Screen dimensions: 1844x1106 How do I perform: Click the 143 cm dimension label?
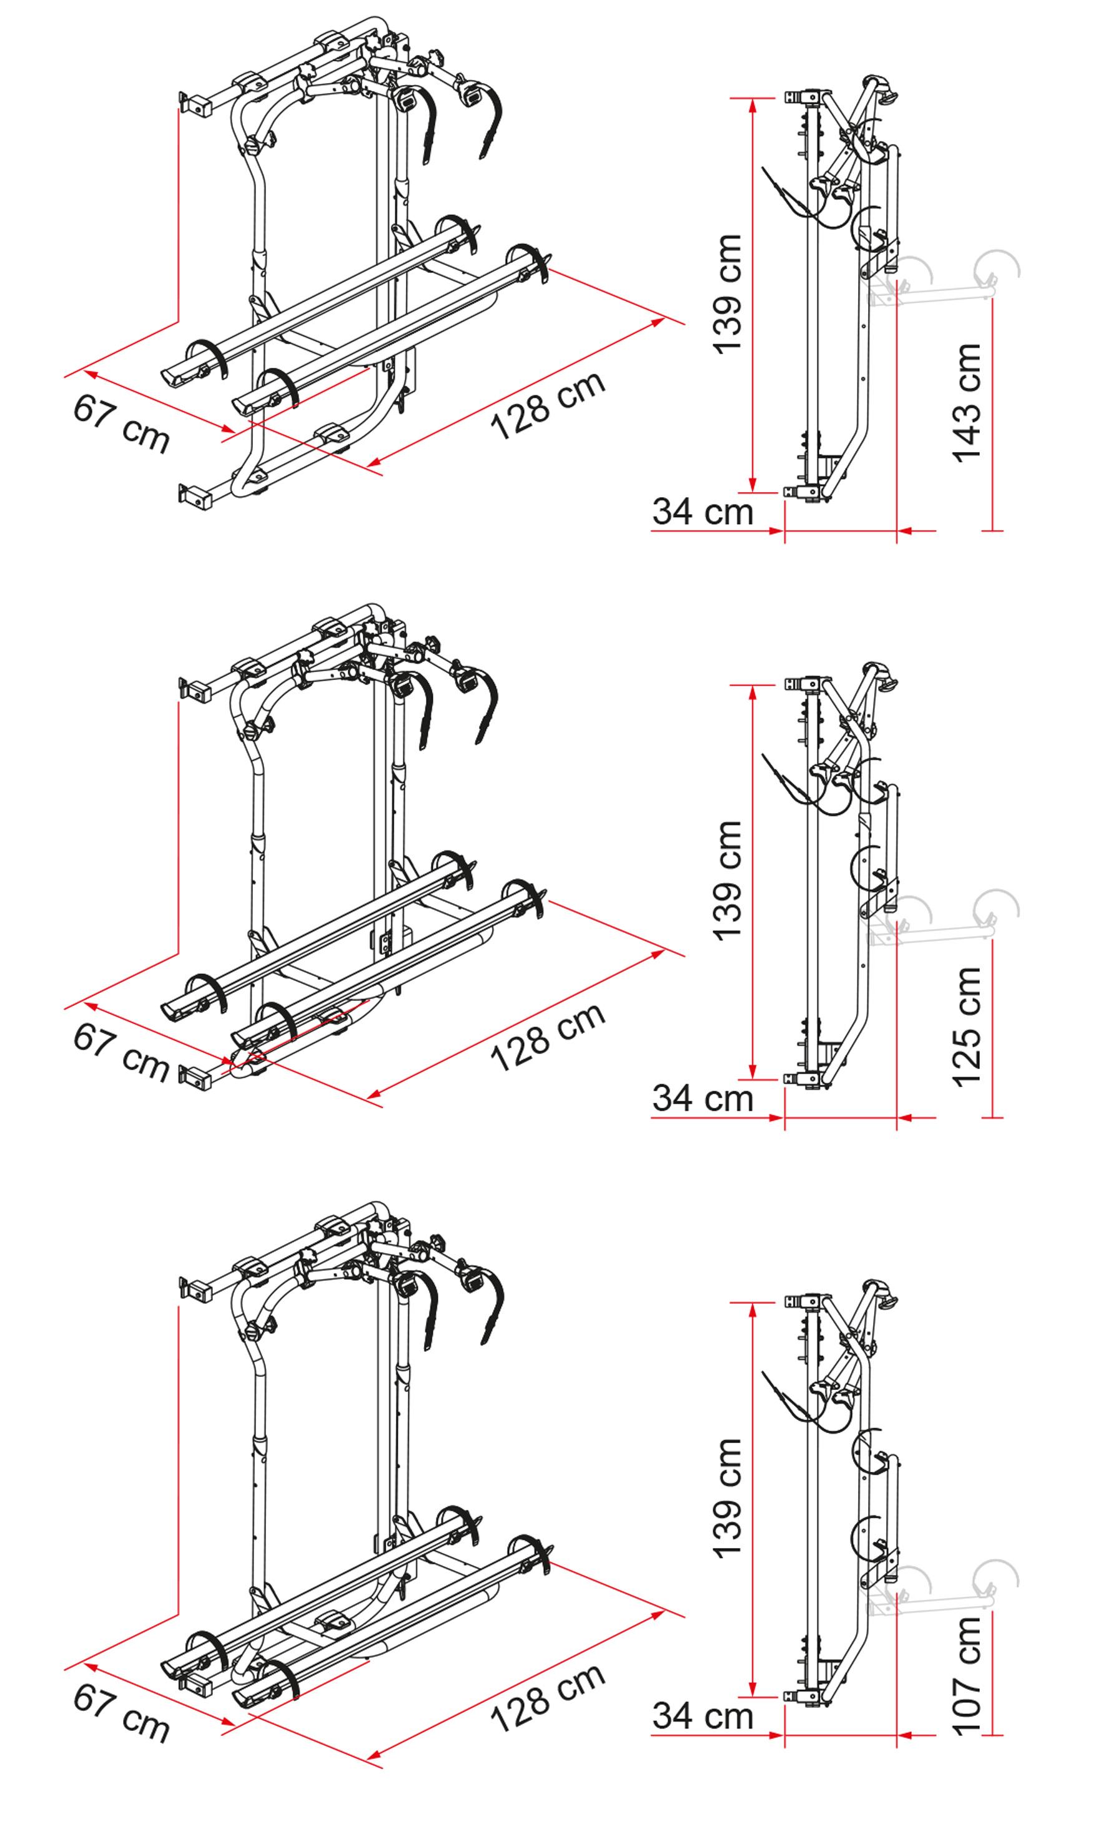[968, 403]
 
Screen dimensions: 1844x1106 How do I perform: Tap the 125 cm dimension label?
[968, 1027]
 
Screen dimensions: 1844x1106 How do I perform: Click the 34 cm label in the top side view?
[703, 513]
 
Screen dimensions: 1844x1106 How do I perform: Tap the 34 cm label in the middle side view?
[703, 1098]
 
